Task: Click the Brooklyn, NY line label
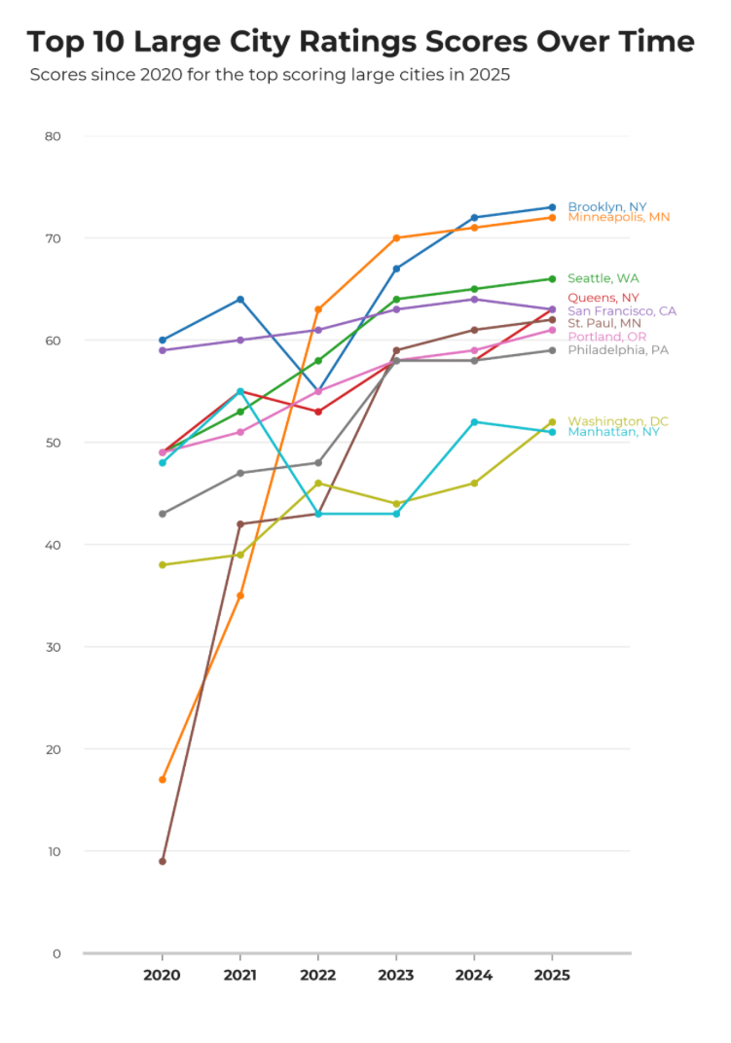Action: click(x=607, y=206)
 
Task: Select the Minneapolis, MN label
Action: click(x=619, y=217)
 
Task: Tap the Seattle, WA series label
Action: click(x=603, y=278)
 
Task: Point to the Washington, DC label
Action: click(x=618, y=421)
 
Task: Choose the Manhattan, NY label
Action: click(x=613, y=432)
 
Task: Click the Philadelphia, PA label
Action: click(x=618, y=349)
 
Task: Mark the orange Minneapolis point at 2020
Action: click(x=163, y=779)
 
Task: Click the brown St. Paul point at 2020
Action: click(x=163, y=861)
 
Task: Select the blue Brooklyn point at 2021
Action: click(x=240, y=299)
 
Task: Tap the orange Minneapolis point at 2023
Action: click(x=396, y=237)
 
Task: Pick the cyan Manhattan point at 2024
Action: click(x=474, y=421)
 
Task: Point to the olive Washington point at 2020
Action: click(x=163, y=564)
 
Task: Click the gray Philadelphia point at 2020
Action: click(x=163, y=514)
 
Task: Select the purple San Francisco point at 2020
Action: click(x=163, y=350)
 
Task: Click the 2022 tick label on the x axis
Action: click(x=318, y=974)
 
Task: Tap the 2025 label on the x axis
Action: click(x=552, y=974)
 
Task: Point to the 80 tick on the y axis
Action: click(x=53, y=136)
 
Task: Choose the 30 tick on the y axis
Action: click(x=53, y=647)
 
